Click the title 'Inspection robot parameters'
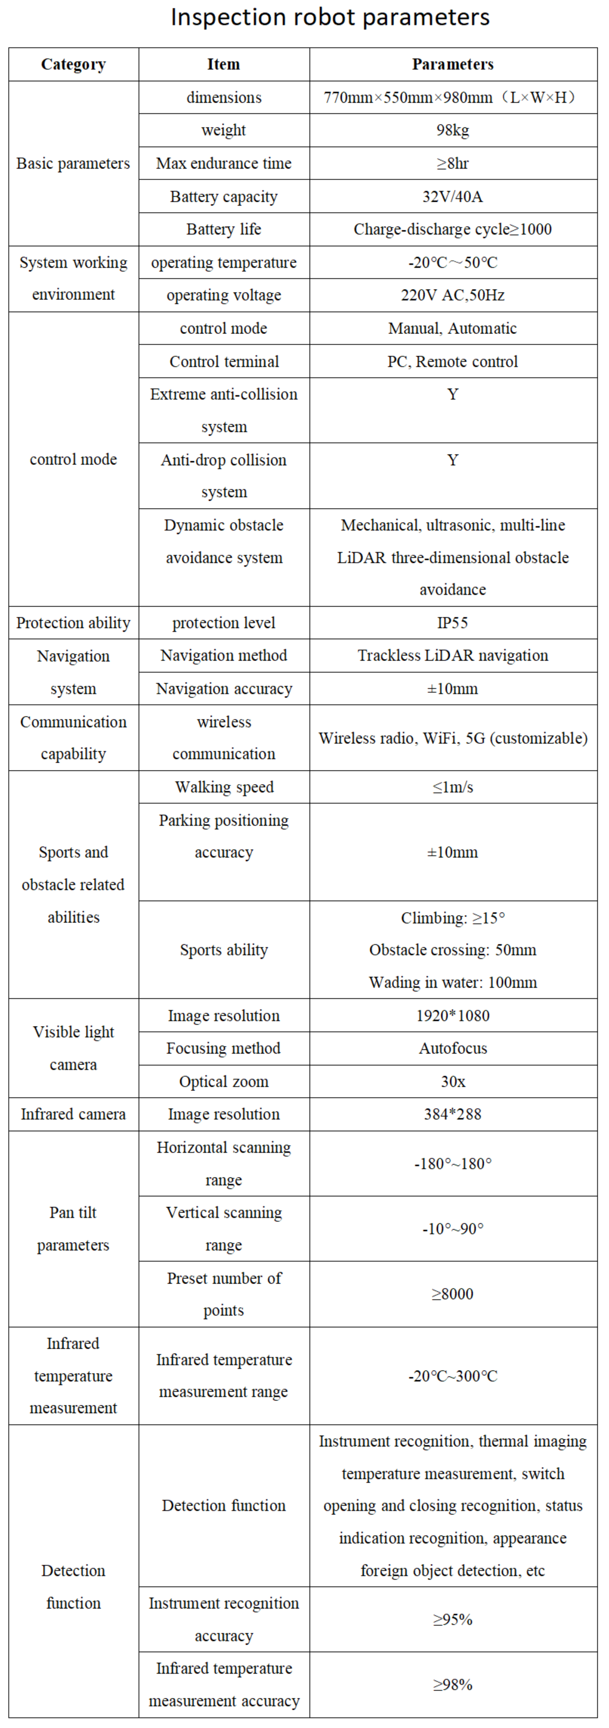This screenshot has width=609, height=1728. [x=330, y=17]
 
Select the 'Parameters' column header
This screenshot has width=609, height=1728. [x=453, y=65]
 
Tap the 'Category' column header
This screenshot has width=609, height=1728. [x=73, y=65]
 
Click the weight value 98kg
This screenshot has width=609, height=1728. [x=453, y=130]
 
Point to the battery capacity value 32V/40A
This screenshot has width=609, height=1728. [x=453, y=196]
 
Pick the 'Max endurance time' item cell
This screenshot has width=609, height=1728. [x=223, y=163]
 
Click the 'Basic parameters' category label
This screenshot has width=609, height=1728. [x=73, y=163]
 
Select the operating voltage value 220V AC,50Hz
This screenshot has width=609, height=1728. [x=453, y=295]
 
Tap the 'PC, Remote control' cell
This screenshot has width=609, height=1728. [x=453, y=362]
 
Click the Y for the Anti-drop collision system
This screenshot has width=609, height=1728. [x=453, y=460]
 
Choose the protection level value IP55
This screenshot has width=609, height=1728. [x=453, y=623]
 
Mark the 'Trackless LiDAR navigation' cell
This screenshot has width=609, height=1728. [x=453, y=656]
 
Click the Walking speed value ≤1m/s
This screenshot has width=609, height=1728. [x=453, y=787]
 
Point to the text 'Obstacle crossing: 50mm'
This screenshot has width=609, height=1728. [x=453, y=950]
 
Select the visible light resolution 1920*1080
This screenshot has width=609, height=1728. [x=453, y=1016]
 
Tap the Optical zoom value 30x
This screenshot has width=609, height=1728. [x=453, y=1081]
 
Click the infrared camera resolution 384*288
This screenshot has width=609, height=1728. [x=453, y=1114]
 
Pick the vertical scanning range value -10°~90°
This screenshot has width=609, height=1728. [x=453, y=1229]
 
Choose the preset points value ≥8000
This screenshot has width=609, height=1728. [x=453, y=1294]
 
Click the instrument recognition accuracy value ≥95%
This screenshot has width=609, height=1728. [x=453, y=1619]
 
